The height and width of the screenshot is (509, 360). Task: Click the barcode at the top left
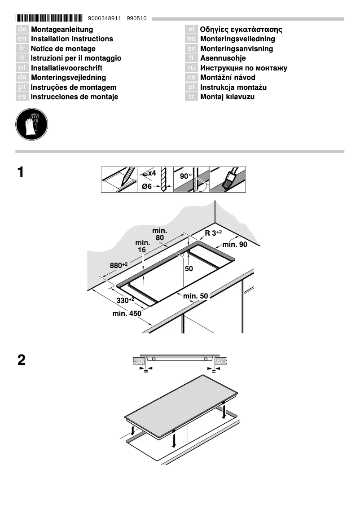point(49,18)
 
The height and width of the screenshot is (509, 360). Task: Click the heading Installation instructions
point(72,39)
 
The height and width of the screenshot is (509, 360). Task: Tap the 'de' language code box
point(22,30)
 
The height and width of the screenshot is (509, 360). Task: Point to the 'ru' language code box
point(191,68)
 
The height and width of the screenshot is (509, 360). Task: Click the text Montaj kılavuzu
point(227,97)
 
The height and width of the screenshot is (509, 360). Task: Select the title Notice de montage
point(63,49)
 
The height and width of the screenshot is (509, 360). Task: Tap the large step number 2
point(21,360)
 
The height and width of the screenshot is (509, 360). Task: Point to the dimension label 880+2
point(119,265)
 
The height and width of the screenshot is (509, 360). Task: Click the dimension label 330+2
point(125,300)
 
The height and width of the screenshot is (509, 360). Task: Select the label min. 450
point(127,314)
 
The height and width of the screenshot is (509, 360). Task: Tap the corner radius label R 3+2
point(213,233)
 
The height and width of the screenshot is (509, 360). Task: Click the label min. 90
point(235,245)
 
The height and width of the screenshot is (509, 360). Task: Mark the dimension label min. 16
point(142,246)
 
